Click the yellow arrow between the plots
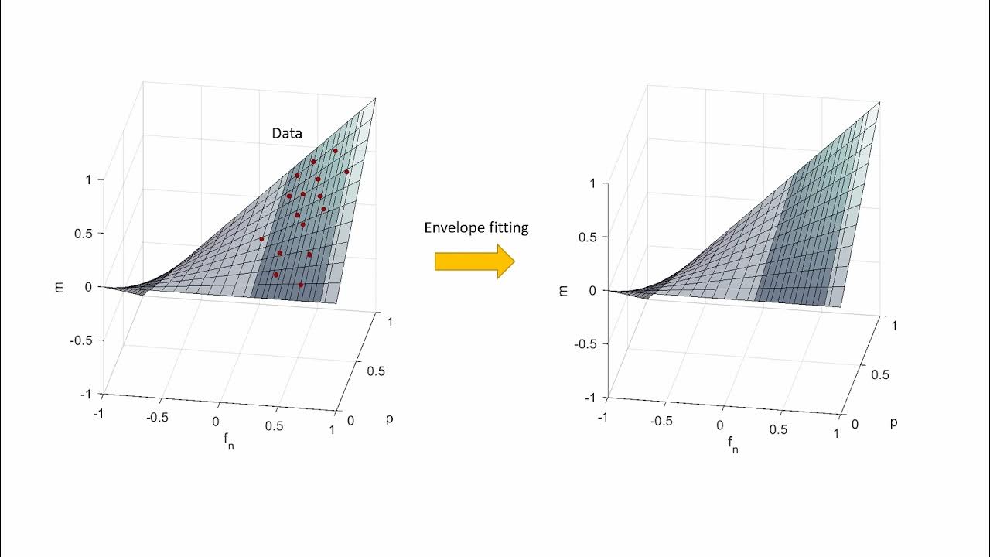[x=474, y=261]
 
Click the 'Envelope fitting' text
[x=476, y=227]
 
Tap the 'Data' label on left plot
[x=287, y=133]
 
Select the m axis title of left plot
[x=59, y=286]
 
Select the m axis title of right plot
[x=563, y=290]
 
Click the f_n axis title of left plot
[x=228, y=442]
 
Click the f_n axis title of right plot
[x=732, y=445]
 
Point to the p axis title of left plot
[x=389, y=419]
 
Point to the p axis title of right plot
[x=893, y=422]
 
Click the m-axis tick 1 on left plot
[x=88, y=179]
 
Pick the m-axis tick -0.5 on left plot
[x=79, y=340]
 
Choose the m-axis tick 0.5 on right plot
[x=587, y=237]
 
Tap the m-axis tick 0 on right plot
[x=592, y=290]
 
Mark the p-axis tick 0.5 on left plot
[x=376, y=371]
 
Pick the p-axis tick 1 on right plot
[x=895, y=326]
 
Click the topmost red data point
[x=335, y=151]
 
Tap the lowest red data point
[x=301, y=285]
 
